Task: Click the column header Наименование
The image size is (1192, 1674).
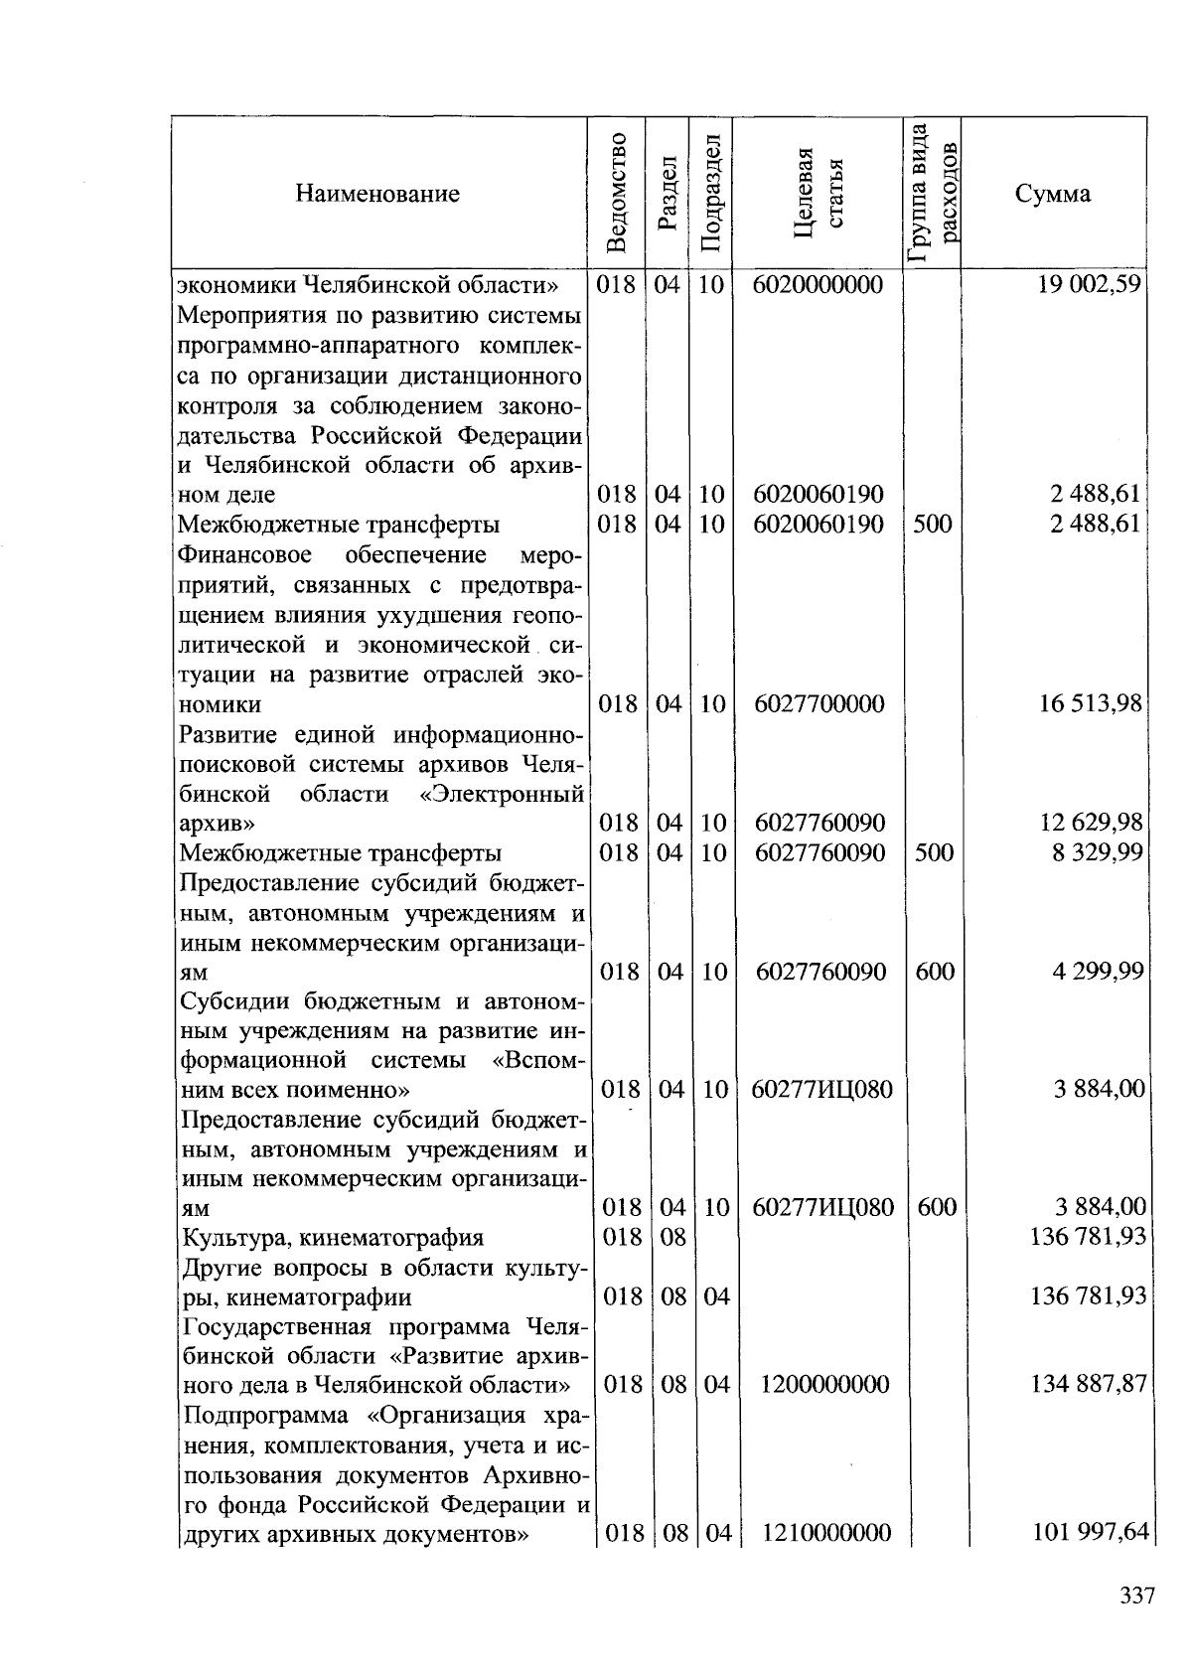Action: click(x=377, y=194)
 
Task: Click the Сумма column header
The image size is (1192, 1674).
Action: click(x=1053, y=194)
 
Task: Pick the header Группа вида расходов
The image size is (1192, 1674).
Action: click(x=933, y=192)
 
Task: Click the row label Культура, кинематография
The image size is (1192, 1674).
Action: click(x=332, y=1238)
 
